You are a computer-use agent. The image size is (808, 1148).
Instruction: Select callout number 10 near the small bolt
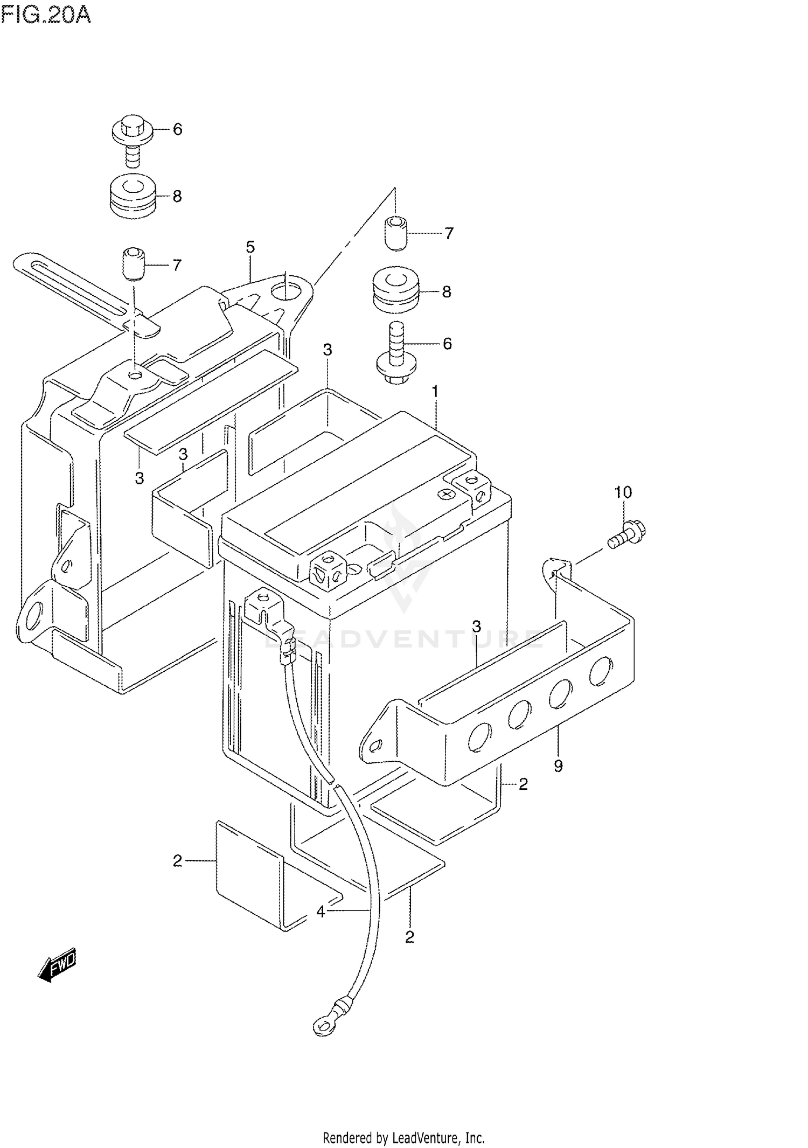623,492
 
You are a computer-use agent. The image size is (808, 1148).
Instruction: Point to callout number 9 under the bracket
558,766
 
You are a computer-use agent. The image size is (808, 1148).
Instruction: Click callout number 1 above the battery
435,392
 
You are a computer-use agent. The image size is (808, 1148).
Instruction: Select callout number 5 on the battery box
250,247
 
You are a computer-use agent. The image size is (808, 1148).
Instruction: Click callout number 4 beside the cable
321,912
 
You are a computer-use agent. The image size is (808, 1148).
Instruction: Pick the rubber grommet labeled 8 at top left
131,197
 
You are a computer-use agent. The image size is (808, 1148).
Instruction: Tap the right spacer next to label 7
396,233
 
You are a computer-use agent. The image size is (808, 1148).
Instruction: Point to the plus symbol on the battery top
446,493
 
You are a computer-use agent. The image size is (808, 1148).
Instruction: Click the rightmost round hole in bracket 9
600,671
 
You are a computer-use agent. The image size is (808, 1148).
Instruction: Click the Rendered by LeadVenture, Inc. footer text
403,1138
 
